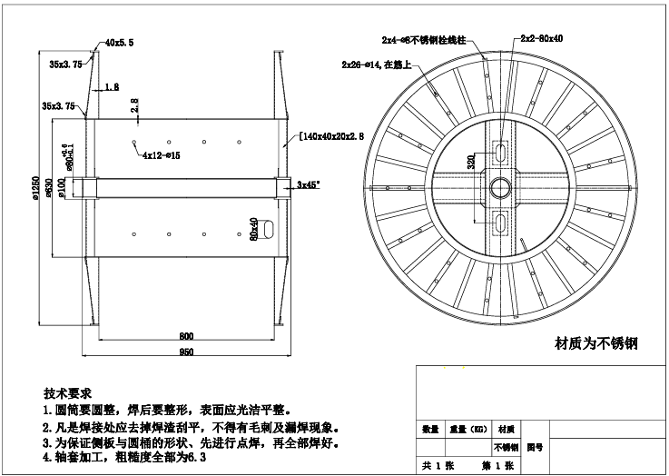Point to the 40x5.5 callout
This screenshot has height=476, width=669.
tap(119, 43)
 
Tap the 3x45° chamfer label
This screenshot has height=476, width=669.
tap(309, 183)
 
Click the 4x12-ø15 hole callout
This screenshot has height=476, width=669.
tap(161, 155)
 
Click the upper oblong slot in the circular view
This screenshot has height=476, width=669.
tap(500, 151)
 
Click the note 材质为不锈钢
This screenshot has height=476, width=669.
tap(596, 343)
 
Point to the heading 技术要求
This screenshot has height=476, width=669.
tap(67, 393)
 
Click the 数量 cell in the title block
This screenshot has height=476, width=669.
tap(430, 429)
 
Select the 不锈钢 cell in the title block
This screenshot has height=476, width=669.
tap(506, 447)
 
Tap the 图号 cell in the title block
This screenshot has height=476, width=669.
tap(536, 447)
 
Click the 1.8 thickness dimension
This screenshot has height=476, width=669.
tap(111, 87)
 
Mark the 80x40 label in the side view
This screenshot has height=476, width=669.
tap(255, 227)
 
